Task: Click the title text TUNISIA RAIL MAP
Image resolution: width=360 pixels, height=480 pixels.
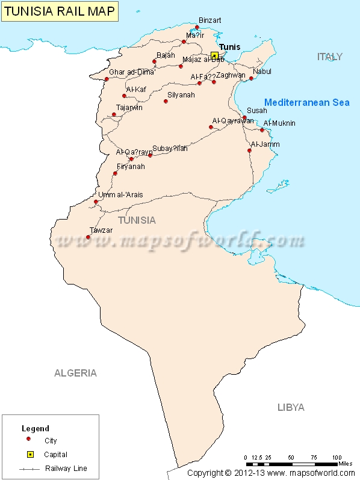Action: (x=59, y=11)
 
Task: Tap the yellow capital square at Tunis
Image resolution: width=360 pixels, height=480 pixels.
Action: (x=214, y=55)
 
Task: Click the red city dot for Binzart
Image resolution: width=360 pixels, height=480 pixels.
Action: (x=197, y=27)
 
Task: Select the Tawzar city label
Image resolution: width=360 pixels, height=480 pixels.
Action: (x=101, y=230)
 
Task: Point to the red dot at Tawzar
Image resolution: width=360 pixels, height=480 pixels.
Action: (x=88, y=237)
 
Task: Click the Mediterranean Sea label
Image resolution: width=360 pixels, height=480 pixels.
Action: (x=307, y=102)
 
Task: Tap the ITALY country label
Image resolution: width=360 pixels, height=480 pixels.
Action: (x=329, y=57)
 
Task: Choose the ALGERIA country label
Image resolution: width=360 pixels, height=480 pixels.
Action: (x=75, y=373)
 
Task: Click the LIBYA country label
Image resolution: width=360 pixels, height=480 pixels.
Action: (x=291, y=407)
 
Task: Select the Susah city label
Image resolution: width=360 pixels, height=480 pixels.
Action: (x=257, y=111)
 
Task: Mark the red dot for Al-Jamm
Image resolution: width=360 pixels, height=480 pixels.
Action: (x=249, y=150)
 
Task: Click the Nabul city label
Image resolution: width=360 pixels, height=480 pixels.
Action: (x=262, y=71)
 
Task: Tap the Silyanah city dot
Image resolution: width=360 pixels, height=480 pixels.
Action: (x=166, y=101)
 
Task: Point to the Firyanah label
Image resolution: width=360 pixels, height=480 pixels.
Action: (x=131, y=167)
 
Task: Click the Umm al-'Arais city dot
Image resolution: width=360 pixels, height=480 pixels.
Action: (x=96, y=202)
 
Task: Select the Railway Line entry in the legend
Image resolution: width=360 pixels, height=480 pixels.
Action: (x=66, y=468)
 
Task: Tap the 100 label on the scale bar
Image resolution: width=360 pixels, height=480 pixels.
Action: (x=337, y=457)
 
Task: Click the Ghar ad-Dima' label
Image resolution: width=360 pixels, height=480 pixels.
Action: (x=132, y=72)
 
